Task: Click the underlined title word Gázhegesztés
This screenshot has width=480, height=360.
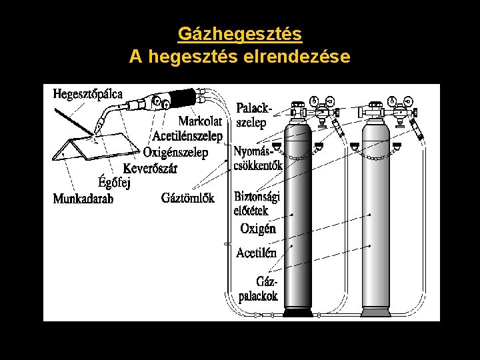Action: pyautogui.click(x=239, y=33)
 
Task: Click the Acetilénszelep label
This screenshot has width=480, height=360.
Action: pyautogui.click(x=187, y=136)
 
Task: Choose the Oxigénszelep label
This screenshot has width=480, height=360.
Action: pyautogui.click(x=175, y=152)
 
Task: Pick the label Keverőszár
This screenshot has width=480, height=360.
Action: pyautogui.click(x=151, y=168)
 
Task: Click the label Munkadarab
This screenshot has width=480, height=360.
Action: pyautogui.click(x=83, y=198)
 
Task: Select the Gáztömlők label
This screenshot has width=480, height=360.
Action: pyautogui.click(x=188, y=197)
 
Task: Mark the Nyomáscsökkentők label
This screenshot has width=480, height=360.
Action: pyautogui.click(x=258, y=159)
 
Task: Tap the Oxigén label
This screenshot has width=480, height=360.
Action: pyautogui.click(x=257, y=229)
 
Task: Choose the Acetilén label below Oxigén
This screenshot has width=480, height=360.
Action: pyautogui.click(x=256, y=253)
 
